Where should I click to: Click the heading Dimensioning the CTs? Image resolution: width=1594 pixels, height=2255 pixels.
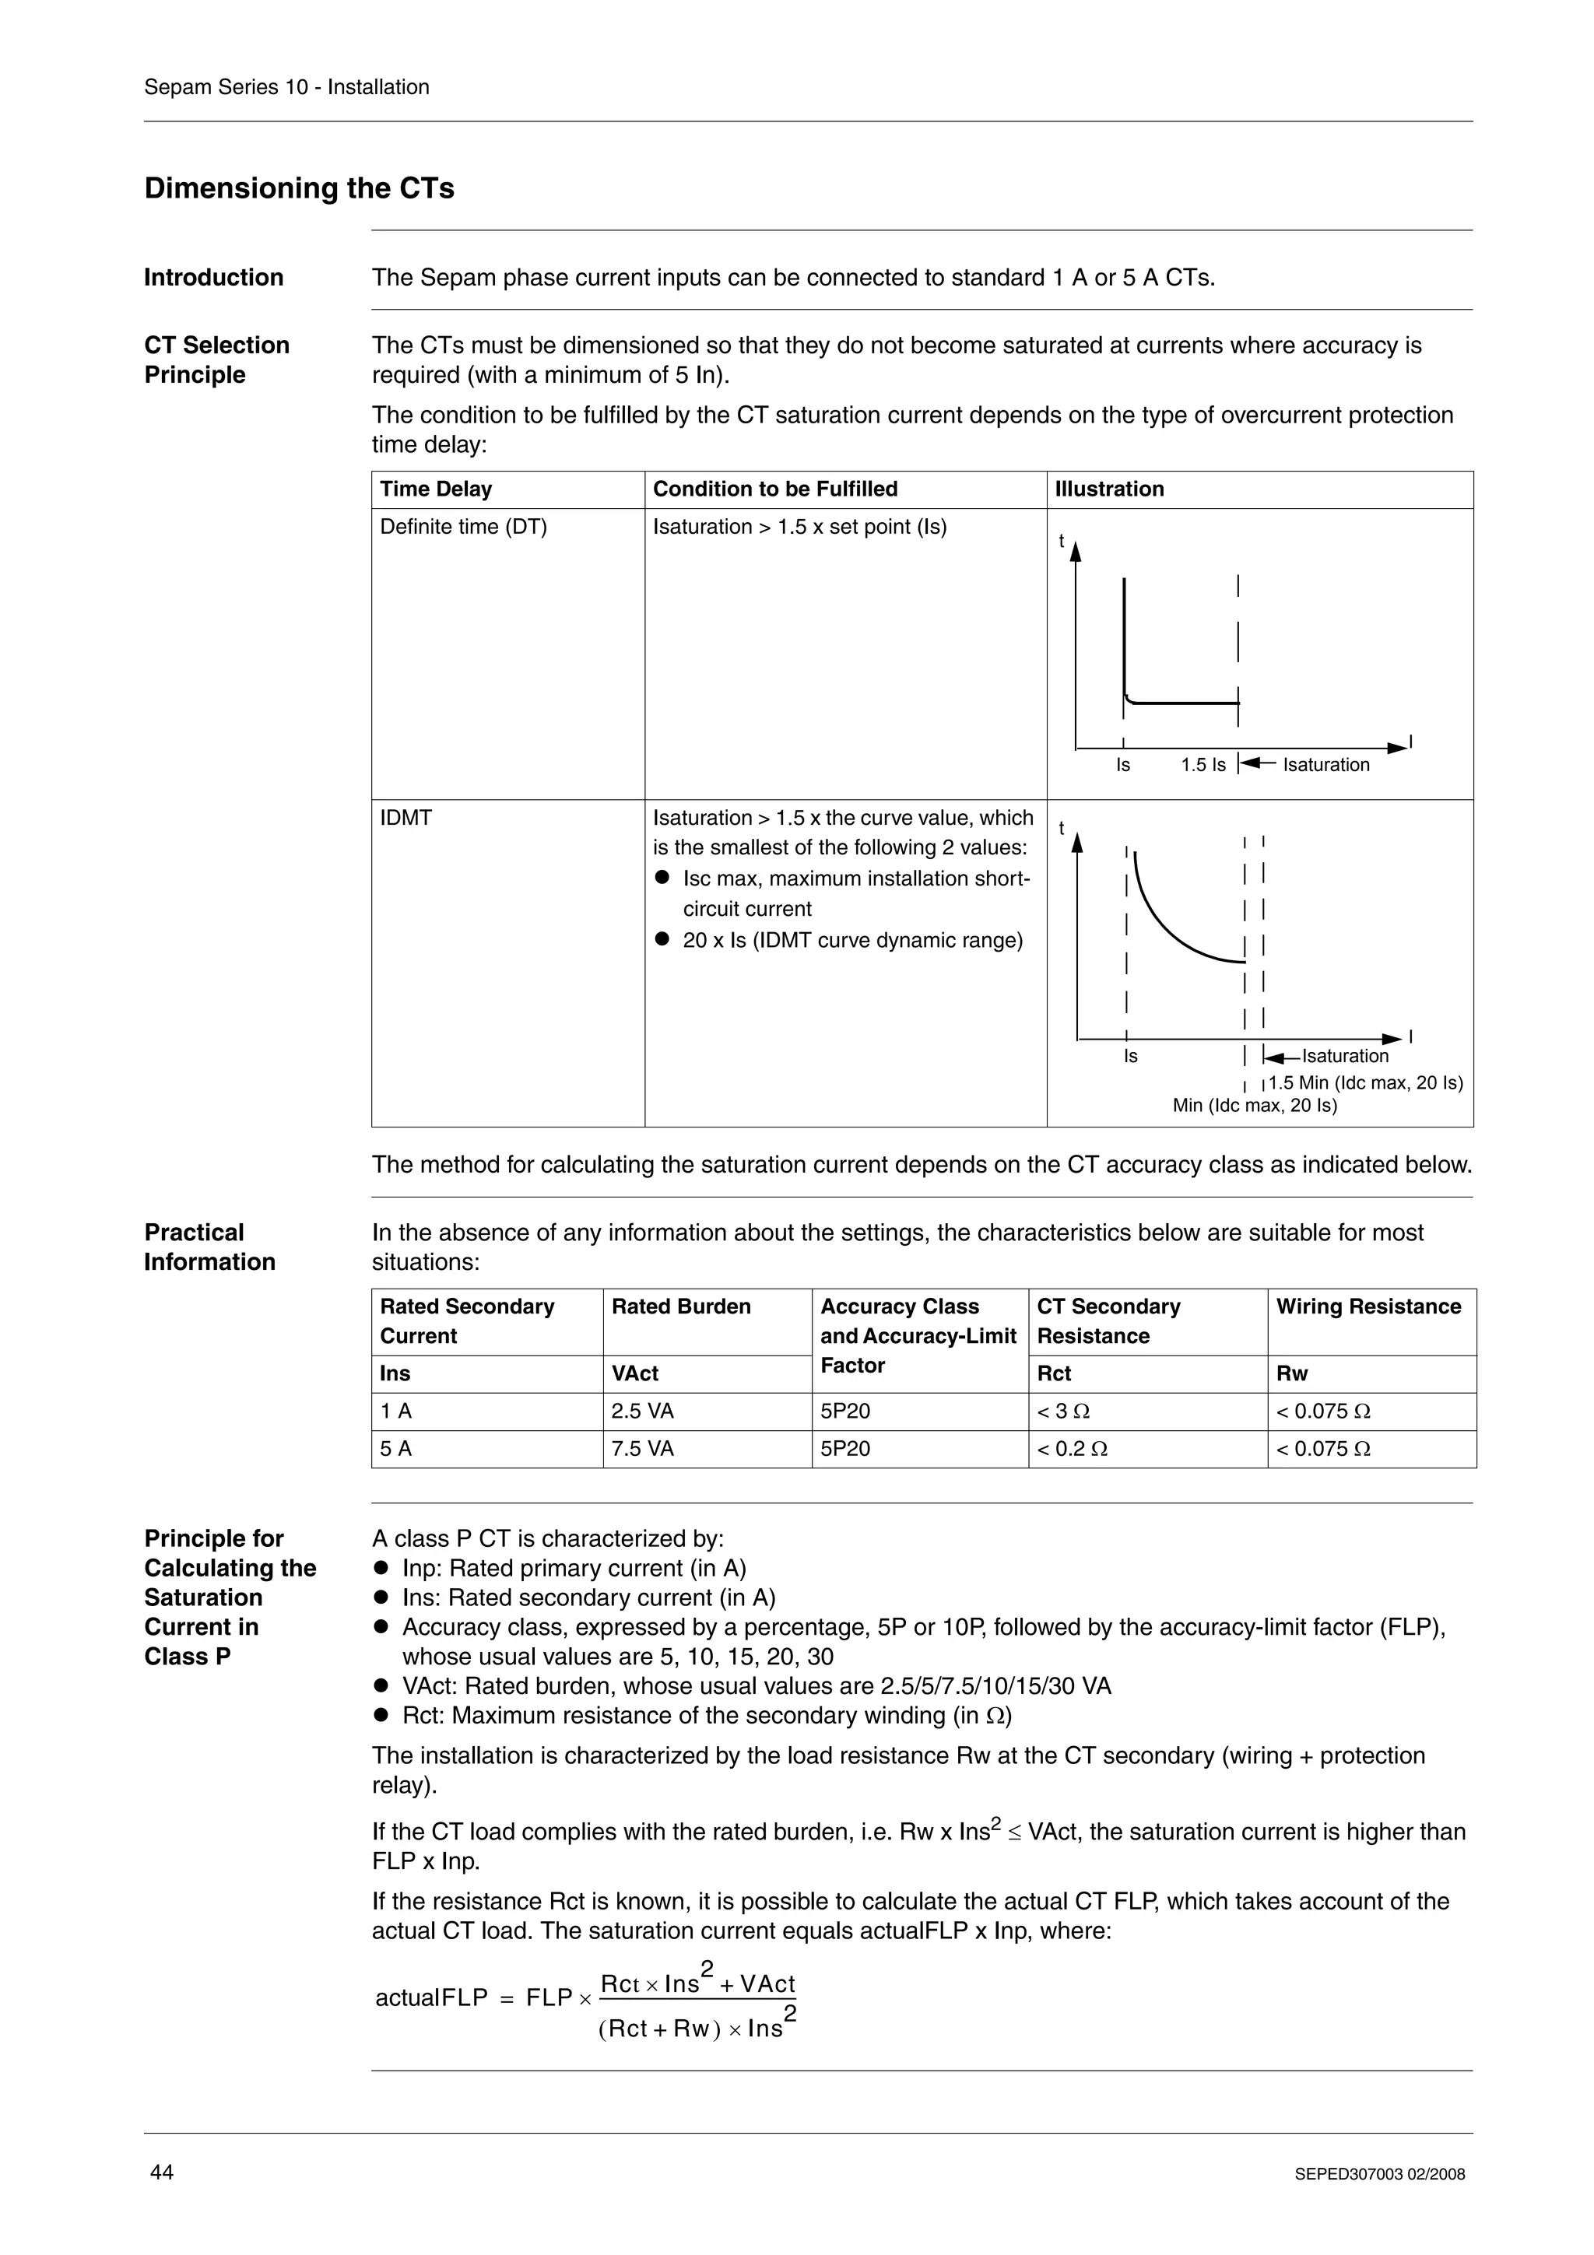pyautogui.click(x=299, y=188)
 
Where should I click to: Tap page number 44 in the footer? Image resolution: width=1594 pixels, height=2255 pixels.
pyautogui.click(x=161, y=2172)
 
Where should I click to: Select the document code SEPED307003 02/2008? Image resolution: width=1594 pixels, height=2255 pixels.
pyautogui.click(x=1379, y=2174)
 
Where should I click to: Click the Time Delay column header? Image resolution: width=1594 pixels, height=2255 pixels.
pyautogui.click(x=436, y=489)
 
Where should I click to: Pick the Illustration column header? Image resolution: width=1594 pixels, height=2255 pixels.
pyautogui.click(x=1109, y=489)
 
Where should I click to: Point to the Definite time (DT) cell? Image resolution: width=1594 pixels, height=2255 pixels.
pyautogui.click(x=464, y=527)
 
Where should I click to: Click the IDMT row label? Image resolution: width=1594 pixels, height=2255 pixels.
pyautogui.click(x=406, y=817)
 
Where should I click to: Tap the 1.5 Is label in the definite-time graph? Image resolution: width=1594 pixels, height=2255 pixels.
pyautogui.click(x=1203, y=765)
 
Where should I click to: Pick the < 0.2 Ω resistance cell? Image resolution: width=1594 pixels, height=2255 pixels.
pyautogui.click(x=1072, y=1449)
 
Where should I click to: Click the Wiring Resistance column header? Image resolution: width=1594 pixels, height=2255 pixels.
pyautogui.click(x=1368, y=1306)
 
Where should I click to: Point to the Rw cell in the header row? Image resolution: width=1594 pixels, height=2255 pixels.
pyautogui.click(x=1291, y=1374)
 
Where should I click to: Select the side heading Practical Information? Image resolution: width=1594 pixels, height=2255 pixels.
pyautogui.click(x=209, y=1247)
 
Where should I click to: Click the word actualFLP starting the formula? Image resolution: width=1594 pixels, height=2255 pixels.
pyautogui.click(x=431, y=1997)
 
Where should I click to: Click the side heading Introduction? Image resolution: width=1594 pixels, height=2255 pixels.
pyautogui.click(x=213, y=277)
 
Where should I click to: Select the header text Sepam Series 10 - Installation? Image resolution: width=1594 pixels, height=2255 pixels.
pyautogui.click(x=286, y=86)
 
